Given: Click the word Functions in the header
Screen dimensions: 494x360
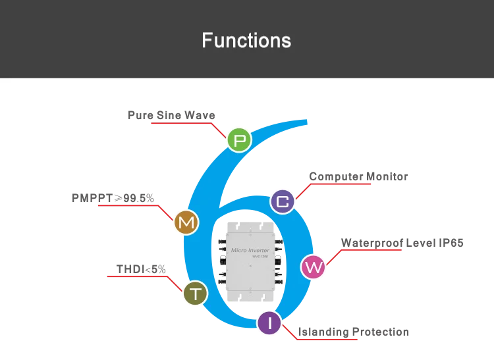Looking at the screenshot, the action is (246, 40).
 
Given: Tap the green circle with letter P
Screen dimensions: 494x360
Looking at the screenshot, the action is (239, 140).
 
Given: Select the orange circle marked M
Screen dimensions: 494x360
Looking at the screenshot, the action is (186, 222).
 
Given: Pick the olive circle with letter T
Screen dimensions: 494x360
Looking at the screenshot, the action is (195, 293).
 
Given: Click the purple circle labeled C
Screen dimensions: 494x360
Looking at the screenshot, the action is (283, 201).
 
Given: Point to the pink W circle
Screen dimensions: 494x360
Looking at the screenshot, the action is (313, 267).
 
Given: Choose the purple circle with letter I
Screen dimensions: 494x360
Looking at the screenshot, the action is (269, 323).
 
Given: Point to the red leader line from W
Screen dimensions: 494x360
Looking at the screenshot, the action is (369, 251).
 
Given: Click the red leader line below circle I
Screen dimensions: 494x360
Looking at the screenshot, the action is (323, 340).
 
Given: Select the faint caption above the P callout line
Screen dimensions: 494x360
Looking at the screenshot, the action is (171, 116).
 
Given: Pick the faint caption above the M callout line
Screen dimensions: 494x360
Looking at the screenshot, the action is (111, 197).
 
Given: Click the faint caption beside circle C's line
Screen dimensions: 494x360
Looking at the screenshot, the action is (358, 178).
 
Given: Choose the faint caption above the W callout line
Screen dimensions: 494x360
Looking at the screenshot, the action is (400, 242).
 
